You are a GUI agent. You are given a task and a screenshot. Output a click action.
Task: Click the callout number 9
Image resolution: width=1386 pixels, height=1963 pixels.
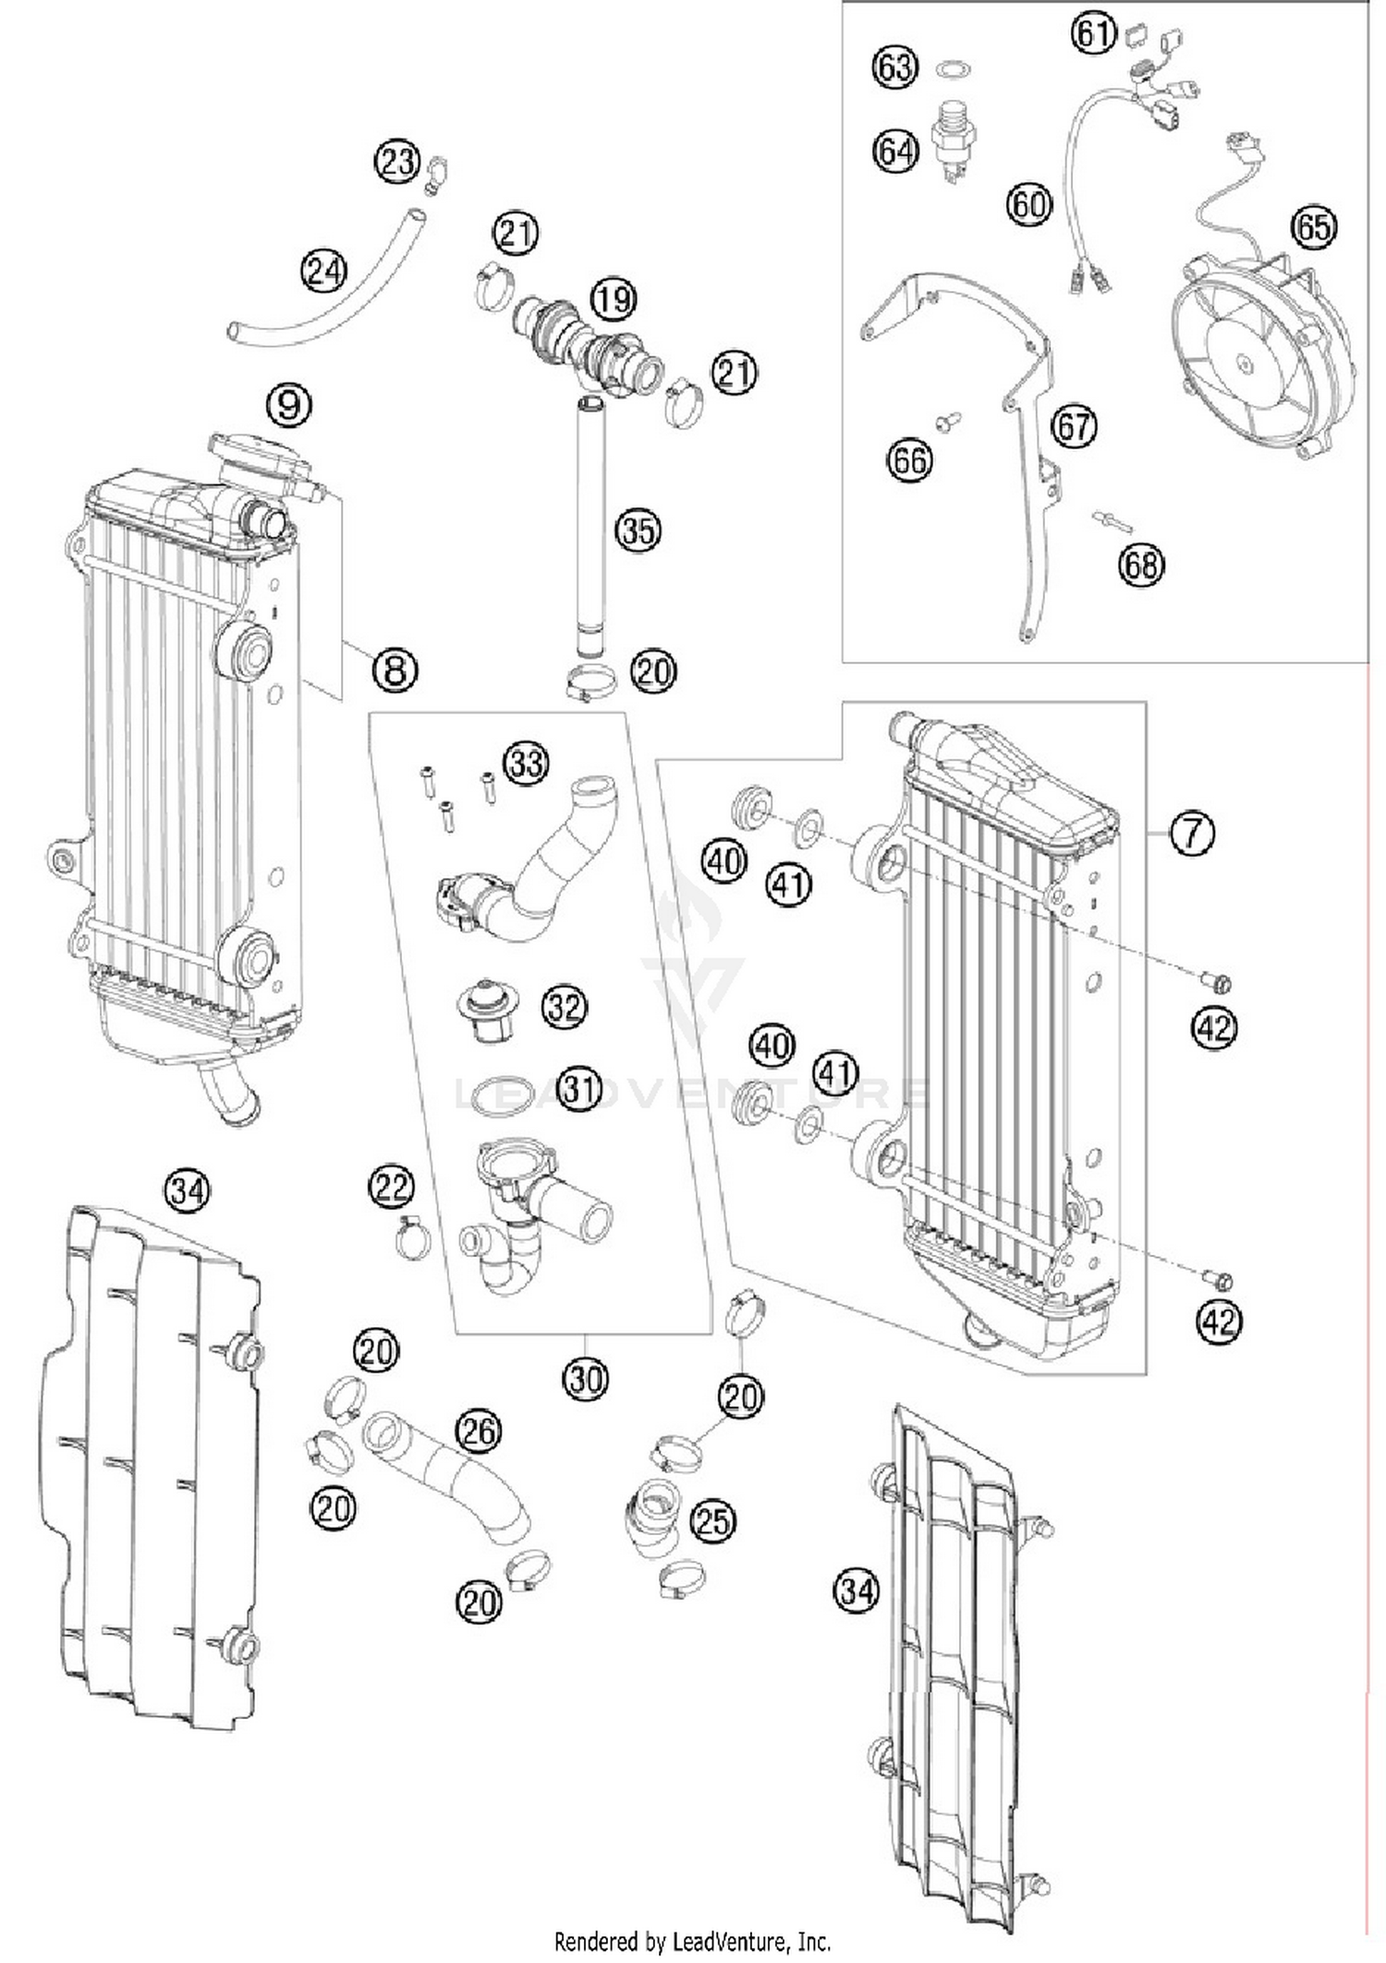point(288,404)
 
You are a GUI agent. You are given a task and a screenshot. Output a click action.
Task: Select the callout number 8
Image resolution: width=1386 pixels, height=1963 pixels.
point(395,668)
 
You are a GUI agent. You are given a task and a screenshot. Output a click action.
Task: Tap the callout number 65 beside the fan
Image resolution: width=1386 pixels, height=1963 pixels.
point(1314,227)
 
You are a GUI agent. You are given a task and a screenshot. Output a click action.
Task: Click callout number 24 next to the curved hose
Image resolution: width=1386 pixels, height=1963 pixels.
point(323,272)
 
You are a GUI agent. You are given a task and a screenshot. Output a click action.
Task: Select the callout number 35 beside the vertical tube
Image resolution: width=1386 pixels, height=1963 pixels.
point(638,530)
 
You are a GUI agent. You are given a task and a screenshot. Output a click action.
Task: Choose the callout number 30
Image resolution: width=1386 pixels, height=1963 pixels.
point(586,1380)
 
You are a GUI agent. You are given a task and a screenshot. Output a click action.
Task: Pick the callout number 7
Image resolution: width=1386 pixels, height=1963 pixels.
point(1192,834)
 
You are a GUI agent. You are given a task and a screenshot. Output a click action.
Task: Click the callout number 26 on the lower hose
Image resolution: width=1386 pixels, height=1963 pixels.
point(478,1432)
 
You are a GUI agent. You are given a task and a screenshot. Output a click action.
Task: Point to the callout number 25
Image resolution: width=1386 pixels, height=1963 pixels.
point(712,1521)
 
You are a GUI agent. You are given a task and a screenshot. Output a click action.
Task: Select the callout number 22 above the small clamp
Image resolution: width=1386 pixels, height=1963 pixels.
point(392,1187)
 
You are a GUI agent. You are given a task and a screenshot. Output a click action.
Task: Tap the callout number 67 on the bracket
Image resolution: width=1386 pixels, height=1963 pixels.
point(1074,427)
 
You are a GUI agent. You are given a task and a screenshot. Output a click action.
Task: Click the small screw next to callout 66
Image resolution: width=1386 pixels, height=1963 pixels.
point(947,421)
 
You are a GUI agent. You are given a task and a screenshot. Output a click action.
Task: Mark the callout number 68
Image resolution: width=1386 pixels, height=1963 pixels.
point(1141,564)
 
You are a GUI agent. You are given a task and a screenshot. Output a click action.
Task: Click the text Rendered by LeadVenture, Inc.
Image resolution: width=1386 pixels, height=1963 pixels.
point(692,1940)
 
